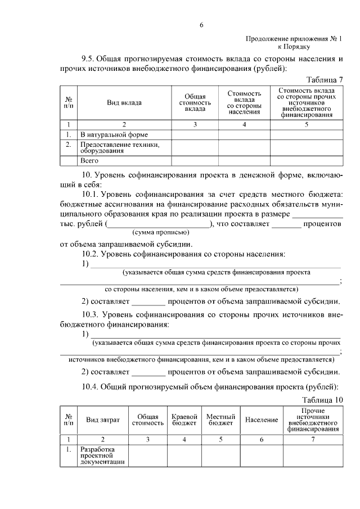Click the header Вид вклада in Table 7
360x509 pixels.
pos(124,103)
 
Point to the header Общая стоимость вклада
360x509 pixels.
pos(195,103)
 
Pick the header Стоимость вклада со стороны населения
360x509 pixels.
pos(244,102)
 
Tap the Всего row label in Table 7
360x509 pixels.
pos(90,160)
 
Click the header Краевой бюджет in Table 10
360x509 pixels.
pos(184,420)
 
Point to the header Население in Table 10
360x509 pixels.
pos(262,420)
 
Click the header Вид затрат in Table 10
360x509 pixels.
pos(102,420)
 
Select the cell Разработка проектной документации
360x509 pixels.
pos(102,456)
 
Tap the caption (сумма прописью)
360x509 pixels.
pos(157,232)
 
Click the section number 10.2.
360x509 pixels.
pos(91,254)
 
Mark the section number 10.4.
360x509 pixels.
pos(91,388)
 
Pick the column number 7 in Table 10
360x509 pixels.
pos(313,439)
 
